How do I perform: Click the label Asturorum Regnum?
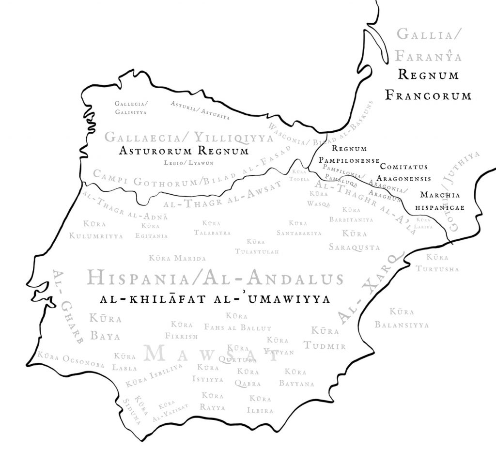(x=184, y=151)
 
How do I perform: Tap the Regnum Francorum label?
(x=428, y=85)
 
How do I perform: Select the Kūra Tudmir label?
(x=325, y=339)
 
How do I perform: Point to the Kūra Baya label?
(x=105, y=326)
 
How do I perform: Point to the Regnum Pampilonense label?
(x=349, y=154)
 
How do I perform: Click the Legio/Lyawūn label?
(x=184, y=163)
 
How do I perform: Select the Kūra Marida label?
(x=178, y=259)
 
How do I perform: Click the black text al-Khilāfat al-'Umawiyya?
(x=215, y=299)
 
